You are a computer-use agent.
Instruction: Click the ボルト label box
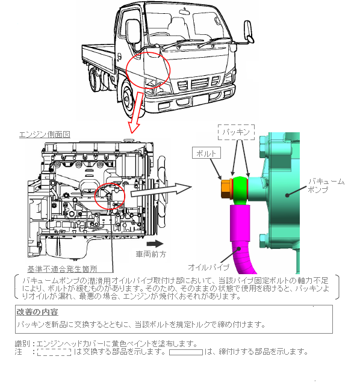pyautogui.click(x=206, y=153)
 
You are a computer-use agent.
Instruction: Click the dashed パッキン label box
pyautogui.click(x=236, y=132)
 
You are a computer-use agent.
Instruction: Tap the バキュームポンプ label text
pyautogui.click(x=326, y=185)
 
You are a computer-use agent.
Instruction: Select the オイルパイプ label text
pyautogui.click(x=208, y=267)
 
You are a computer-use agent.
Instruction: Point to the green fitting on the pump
pyautogui.click(x=240, y=189)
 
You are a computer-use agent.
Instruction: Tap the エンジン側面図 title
pyautogui.click(x=45, y=135)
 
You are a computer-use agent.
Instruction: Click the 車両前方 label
pyautogui.click(x=151, y=254)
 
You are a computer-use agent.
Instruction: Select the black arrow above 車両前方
pyautogui.click(x=155, y=244)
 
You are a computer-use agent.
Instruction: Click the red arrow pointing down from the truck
pyautogui.click(x=136, y=112)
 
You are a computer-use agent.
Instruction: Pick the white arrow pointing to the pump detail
pyautogui.click(x=161, y=190)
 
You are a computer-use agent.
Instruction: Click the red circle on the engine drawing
pyautogui.click(x=110, y=183)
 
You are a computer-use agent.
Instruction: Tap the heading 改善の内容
pyautogui.click(x=37, y=312)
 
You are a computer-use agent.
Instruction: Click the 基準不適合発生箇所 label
pyautogui.click(x=62, y=269)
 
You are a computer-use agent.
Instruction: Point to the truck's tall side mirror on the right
pyautogui.click(x=249, y=31)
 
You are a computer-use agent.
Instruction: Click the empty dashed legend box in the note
pyautogui.click(x=54, y=352)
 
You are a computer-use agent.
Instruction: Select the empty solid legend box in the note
pyautogui.click(x=186, y=352)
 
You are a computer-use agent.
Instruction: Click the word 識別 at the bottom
pyautogui.click(x=23, y=344)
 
